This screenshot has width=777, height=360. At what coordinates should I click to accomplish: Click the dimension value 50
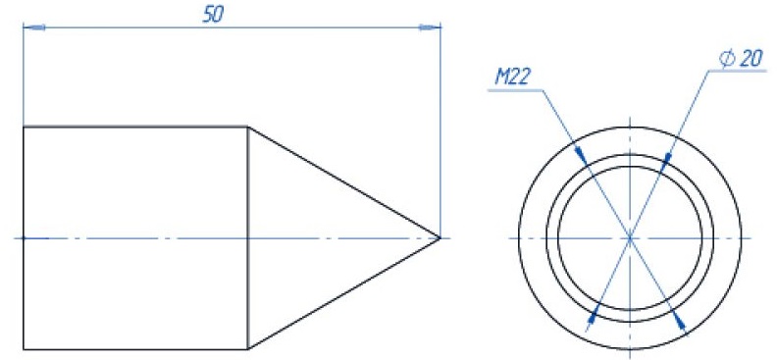(214, 16)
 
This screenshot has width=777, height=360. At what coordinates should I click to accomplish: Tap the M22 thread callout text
(513, 77)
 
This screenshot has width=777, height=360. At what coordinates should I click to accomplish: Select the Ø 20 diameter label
(741, 60)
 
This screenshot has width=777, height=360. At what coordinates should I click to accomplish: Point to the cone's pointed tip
(440, 238)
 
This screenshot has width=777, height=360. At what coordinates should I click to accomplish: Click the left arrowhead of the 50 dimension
(34, 27)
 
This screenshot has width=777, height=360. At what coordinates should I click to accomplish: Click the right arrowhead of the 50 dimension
(430, 27)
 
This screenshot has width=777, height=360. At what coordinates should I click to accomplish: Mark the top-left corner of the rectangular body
(24, 128)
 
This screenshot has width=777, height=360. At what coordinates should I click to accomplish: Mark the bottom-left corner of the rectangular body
(24, 349)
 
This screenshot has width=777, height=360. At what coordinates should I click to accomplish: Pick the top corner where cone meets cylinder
(248, 128)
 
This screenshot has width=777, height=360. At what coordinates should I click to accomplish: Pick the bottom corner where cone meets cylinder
(248, 349)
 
